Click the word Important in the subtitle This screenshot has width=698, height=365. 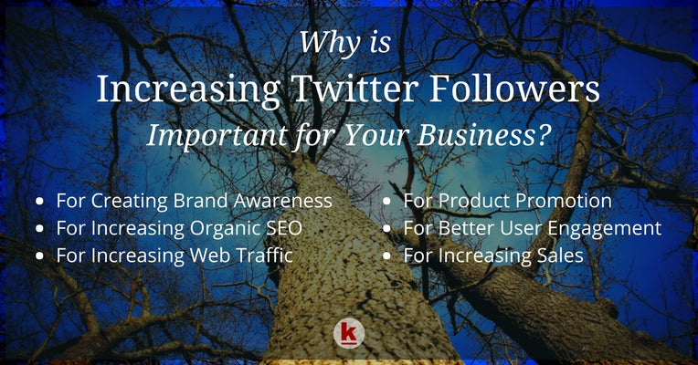click(x=212, y=136)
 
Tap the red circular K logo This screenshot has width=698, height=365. click(x=348, y=333)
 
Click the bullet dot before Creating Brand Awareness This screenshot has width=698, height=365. click(x=40, y=200)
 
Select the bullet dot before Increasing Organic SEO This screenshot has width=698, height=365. click(x=40, y=228)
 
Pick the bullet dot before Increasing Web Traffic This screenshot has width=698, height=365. click(x=40, y=256)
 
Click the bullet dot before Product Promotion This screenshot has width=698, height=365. click(x=387, y=200)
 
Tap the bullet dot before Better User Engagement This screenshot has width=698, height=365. click(x=387, y=228)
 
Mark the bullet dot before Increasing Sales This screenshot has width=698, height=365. click(x=387, y=256)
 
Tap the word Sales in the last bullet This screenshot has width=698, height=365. click(x=559, y=255)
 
